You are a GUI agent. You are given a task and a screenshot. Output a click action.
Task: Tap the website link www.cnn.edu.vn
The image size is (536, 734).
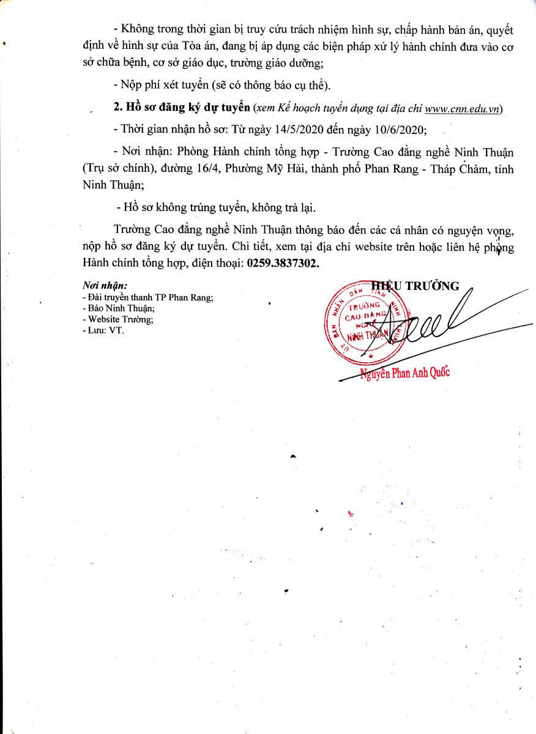(x=463, y=108)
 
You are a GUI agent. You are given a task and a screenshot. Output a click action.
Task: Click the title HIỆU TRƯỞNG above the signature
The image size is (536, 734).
(x=415, y=286)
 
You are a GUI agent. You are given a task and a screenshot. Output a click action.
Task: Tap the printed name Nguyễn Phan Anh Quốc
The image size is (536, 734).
(x=404, y=373)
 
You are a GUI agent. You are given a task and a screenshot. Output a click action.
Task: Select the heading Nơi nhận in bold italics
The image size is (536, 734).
(x=105, y=286)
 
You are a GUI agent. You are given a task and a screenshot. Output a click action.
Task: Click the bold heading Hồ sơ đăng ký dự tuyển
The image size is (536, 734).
(x=182, y=108)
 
